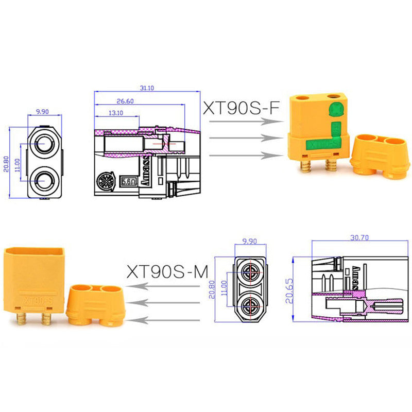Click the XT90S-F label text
(x=241, y=108)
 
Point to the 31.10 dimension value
(x=147, y=88)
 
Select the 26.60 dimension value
(x=126, y=101)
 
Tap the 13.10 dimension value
(x=115, y=113)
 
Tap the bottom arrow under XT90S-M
(x=170, y=320)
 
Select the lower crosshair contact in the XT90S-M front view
(x=252, y=308)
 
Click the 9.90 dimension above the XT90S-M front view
(x=251, y=241)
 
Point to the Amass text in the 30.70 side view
(x=356, y=279)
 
